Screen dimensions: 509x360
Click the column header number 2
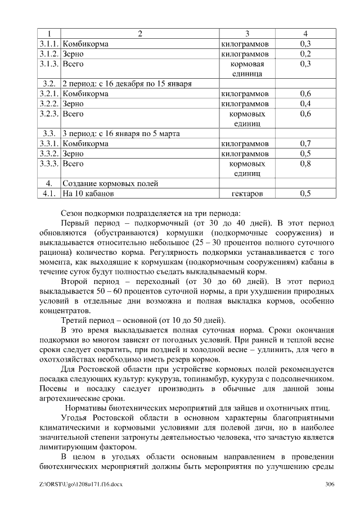[x=139, y=33]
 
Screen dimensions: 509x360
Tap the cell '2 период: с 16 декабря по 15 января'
[x=127, y=84]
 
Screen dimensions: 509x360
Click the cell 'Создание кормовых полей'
[x=110, y=183]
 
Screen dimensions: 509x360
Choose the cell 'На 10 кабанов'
[x=88, y=193]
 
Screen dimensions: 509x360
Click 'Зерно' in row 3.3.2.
[x=73, y=154]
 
